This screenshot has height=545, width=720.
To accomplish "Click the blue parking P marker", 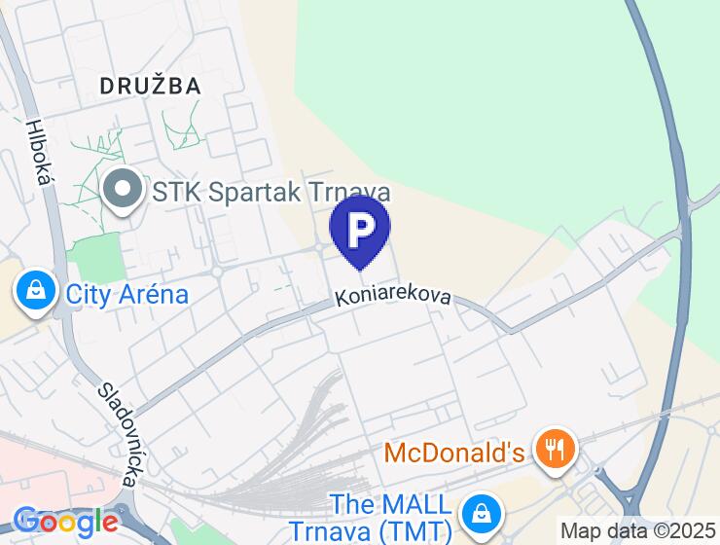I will click(360, 229).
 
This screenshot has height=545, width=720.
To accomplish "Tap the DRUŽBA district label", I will click(151, 86).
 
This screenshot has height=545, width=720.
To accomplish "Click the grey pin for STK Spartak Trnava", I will click(124, 190).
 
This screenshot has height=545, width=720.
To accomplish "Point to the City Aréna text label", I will click(126, 293).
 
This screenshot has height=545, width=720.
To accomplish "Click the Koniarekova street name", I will click(394, 295).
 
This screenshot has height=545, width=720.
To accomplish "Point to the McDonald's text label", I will click(454, 453).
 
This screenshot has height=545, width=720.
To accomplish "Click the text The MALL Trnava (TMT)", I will click(391, 518).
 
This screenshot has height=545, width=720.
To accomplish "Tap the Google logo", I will click(65, 522).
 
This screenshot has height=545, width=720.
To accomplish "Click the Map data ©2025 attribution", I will click(638, 531).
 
